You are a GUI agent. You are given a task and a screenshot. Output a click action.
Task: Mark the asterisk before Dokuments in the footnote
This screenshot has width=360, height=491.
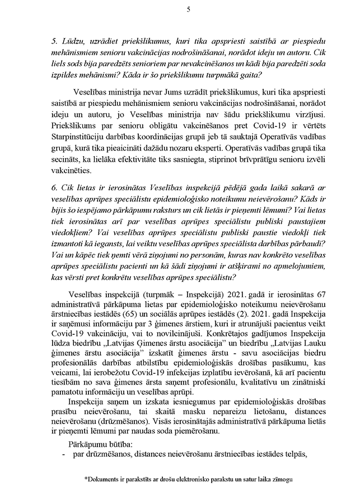pyautogui.click(x=86, y=479)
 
